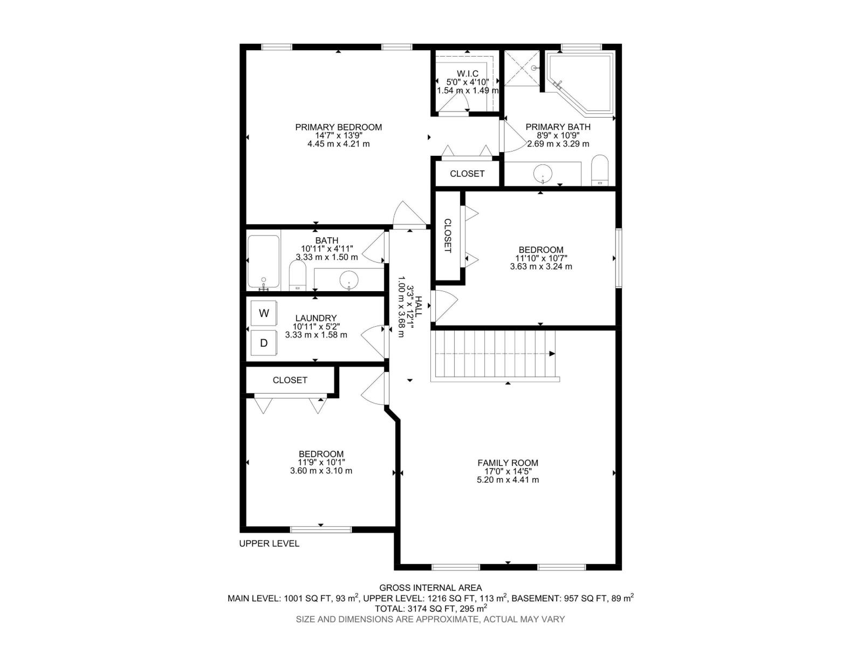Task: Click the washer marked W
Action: [263, 313]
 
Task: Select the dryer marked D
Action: [263, 343]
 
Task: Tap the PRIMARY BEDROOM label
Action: [338, 127]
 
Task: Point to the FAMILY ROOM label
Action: [508, 463]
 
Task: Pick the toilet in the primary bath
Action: [600, 170]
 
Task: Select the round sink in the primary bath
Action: [543, 173]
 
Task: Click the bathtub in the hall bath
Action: [263, 262]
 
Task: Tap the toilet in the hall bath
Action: [297, 276]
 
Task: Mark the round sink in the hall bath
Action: [349, 280]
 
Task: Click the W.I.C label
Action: [468, 73]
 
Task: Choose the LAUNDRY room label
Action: [316, 318]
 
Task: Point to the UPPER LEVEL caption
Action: [269, 543]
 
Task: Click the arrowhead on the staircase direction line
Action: [552, 354]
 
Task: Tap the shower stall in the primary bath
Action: [522, 68]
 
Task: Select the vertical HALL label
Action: [419, 307]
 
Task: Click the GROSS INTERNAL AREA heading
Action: [430, 588]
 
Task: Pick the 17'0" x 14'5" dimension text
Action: [508, 471]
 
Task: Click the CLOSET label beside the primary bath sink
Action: [467, 174]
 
